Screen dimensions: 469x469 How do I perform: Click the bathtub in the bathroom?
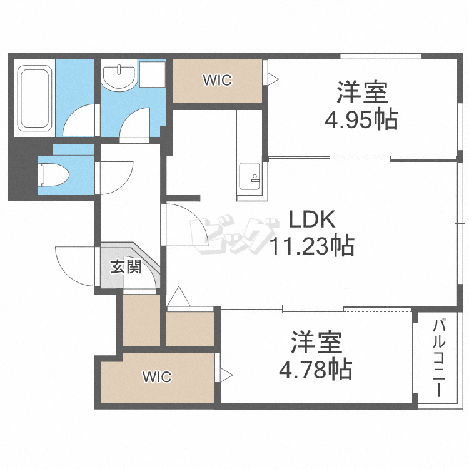coord(34,98)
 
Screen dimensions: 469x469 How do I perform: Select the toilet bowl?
coord(53,174)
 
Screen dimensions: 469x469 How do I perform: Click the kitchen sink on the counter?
coord(250,176)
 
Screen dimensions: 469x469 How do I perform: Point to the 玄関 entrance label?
coord(126,266)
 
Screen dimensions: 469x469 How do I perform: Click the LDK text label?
coord(312,219)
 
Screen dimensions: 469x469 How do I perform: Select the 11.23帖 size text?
coord(312,246)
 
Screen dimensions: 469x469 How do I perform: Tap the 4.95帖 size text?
coord(361,119)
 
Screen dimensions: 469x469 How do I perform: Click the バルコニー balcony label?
coord(439,358)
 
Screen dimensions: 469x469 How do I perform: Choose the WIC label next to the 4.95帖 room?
coord(218,80)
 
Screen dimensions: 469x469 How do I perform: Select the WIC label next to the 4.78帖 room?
coord(157,377)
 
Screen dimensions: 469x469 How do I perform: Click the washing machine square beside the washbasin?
coord(153,74)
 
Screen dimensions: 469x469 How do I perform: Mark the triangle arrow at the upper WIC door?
coord(273,79)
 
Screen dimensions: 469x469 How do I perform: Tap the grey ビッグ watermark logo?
coord(234,235)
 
